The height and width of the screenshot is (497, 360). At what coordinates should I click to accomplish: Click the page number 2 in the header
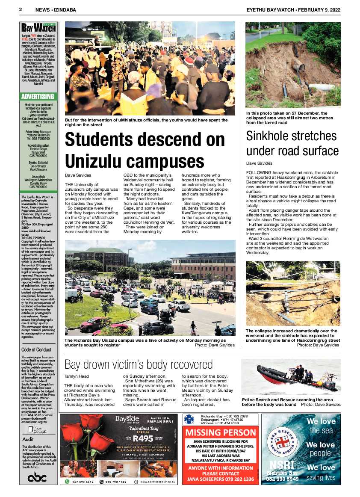point(21,9)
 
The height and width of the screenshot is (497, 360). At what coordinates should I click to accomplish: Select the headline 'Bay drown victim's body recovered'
point(138,364)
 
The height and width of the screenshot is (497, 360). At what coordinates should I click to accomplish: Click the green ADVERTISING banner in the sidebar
point(38,96)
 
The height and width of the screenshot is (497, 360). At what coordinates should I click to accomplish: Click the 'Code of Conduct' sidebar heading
point(36,349)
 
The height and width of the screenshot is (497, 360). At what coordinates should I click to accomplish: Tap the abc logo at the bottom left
point(38,478)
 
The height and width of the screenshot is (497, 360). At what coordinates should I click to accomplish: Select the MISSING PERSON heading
point(221,432)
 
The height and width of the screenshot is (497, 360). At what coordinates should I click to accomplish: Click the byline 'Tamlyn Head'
point(77,376)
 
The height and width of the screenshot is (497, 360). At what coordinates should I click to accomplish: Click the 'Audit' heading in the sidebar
point(28,439)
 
